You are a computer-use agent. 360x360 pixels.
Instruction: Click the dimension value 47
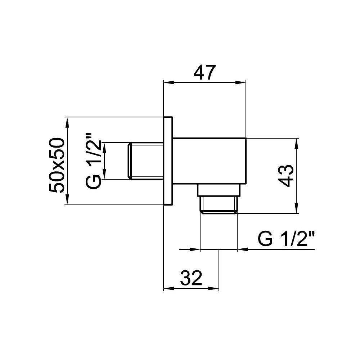point(204,73)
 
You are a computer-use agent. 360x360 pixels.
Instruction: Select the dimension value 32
point(191,278)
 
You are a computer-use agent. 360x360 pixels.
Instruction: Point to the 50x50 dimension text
point(56,165)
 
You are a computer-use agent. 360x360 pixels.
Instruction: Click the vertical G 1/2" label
point(93,160)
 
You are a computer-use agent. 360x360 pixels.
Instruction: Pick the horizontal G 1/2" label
point(286,239)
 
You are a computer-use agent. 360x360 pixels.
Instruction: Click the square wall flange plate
point(168,161)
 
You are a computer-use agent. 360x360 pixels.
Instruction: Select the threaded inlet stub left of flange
point(145,161)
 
